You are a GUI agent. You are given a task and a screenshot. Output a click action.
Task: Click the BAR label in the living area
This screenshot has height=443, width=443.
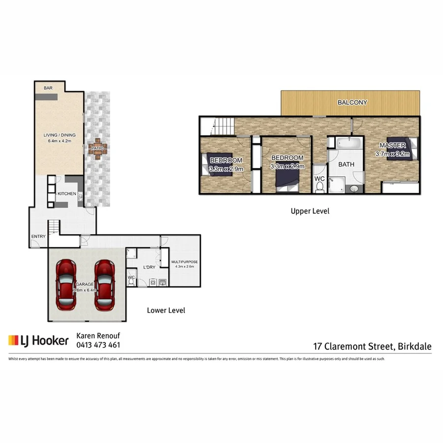48,88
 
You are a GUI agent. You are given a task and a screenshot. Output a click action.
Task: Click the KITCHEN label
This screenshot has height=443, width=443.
66,193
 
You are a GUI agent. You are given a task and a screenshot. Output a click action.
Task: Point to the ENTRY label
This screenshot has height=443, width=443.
38,236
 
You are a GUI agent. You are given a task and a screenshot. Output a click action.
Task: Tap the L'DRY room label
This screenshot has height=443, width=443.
149,267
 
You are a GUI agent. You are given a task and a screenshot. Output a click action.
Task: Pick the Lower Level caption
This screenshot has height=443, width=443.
166,311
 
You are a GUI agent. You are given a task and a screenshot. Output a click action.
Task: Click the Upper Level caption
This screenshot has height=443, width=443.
310,211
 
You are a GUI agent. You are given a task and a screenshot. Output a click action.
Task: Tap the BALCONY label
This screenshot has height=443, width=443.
352,102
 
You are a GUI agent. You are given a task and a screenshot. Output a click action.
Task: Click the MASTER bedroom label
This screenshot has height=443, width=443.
392,146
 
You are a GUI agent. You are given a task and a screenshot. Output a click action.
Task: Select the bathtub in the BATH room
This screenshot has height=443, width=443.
349,143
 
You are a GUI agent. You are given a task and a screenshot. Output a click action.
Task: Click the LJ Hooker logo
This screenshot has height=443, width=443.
38,340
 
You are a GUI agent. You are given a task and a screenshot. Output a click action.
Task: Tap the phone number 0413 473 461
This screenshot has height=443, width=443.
98,345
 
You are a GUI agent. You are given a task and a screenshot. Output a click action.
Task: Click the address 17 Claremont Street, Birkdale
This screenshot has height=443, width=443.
373,347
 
